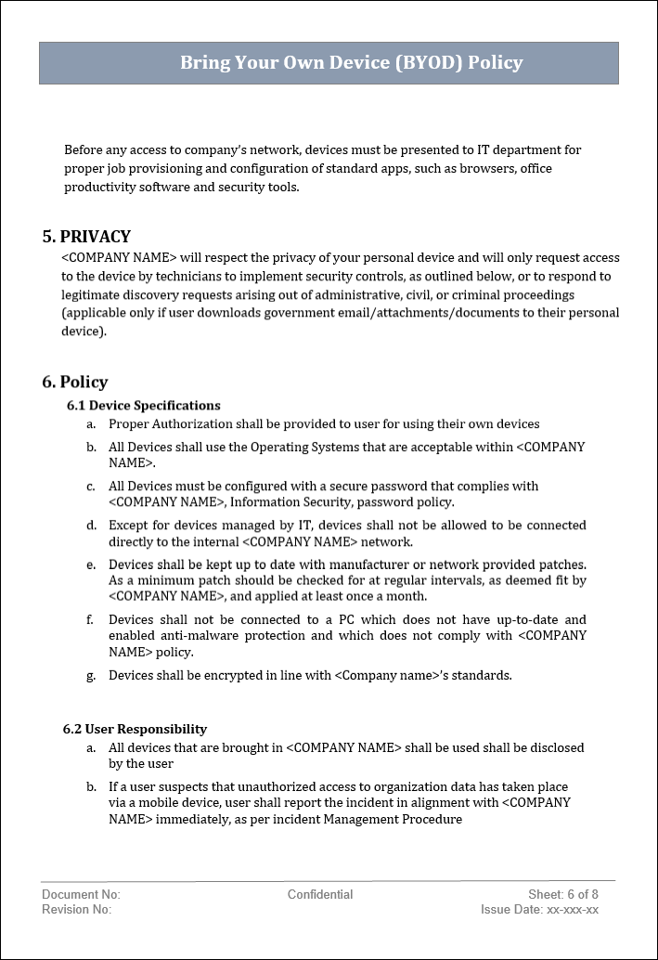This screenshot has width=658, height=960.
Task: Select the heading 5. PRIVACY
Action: point(86,237)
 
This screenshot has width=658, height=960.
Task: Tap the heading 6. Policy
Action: point(75,383)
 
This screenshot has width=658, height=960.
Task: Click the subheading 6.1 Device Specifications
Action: point(144,406)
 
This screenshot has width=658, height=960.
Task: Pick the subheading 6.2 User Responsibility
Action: point(135,729)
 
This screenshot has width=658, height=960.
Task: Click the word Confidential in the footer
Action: point(320,894)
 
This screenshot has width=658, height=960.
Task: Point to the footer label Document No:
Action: point(81,894)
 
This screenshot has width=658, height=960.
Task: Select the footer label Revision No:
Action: point(76,910)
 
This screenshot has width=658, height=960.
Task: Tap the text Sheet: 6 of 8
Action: point(563,894)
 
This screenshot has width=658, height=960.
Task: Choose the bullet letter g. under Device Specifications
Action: point(91,676)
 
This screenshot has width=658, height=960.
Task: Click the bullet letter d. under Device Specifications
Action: point(91,525)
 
